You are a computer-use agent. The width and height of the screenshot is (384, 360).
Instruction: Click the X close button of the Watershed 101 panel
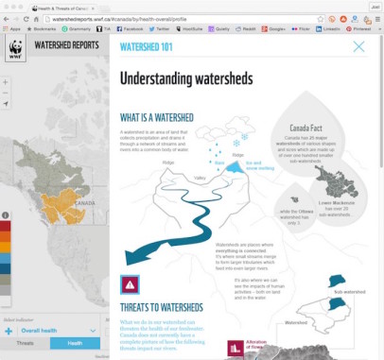pos(358,46)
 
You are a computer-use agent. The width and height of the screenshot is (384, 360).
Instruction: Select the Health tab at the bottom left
pos(75,344)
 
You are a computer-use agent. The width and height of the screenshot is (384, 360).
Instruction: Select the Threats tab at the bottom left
pos(25,344)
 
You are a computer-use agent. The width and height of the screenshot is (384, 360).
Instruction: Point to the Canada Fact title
pos(306,127)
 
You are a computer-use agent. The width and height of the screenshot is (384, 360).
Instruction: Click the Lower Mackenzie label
pos(336,203)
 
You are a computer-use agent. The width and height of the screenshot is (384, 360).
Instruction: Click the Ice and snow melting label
pos(259,164)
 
